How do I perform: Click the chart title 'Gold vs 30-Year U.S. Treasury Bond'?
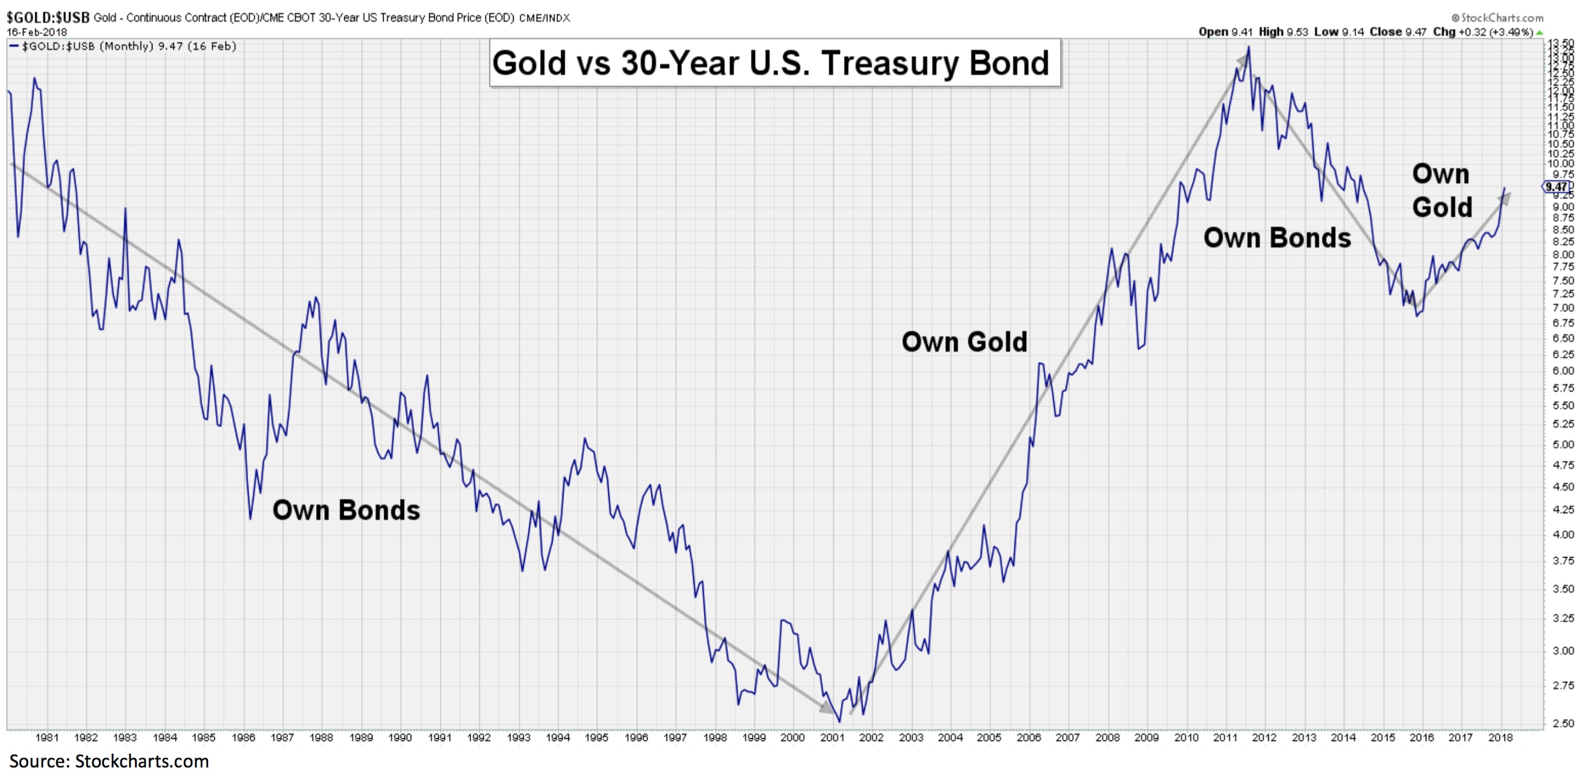pyautogui.click(x=771, y=63)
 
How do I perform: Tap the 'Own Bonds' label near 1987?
pyautogui.click(x=346, y=510)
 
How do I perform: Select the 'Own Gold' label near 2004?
pyautogui.click(x=964, y=342)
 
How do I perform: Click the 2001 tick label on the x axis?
pyautogui.click(x=832, y=738)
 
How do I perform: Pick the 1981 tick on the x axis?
pyautogui.click(x=47, y=738)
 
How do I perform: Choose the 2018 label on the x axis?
pyautogui.click(x=1500, y=738)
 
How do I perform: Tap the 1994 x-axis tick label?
pyautogui.click(x=558, y=738)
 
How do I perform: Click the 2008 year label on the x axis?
pyautogui.click(x=1107, y=738)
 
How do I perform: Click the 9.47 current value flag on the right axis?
pyautogui.click(x=1557, y=187)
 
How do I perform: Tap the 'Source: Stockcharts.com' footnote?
pyautogui.click(x=109, y=761)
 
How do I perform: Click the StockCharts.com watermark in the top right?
pyautogui.click(x=1499, y=18)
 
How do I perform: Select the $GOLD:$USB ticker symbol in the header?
pyautogui.click(x=48, y=18)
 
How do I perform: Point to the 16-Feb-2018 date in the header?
pyautogui.click(x=37, y=32)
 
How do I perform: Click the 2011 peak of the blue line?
pyautogui.click(x=1248, y=47)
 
